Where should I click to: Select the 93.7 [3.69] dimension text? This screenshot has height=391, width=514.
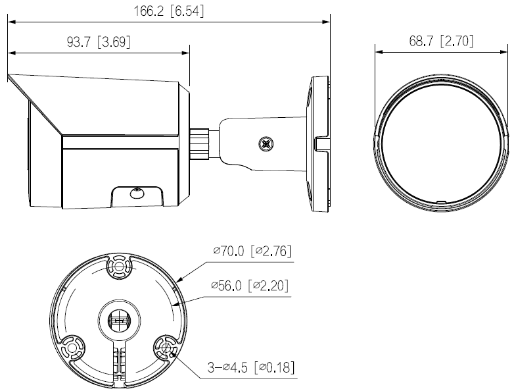click(x=99, y=41)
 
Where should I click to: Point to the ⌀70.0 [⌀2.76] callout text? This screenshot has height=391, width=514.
click(x=252, y=251)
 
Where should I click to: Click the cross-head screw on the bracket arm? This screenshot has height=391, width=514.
click(x=266, y=142)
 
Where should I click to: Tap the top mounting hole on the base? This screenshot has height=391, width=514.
click(x=119, y=267)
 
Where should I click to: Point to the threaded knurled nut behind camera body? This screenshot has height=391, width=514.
click(x=200, y=141)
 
